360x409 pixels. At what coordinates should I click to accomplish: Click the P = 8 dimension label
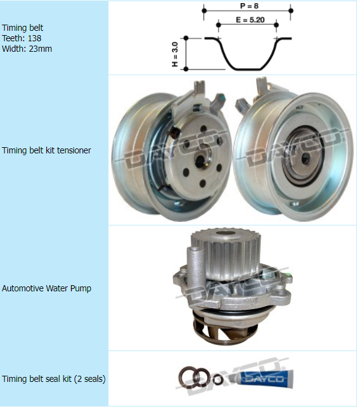click(x=249, y=6)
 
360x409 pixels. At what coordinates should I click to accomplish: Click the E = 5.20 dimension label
click(x=250, y=20)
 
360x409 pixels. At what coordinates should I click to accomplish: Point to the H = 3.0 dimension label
click(x=175, y=54)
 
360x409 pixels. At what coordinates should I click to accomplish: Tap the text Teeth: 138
click(x=22, y=38)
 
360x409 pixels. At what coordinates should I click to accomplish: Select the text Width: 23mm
click(x=27, y=49)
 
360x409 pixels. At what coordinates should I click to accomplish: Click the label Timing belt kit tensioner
click(x=46, y=150)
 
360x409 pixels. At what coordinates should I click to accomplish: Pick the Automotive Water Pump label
click(x=46, y=288)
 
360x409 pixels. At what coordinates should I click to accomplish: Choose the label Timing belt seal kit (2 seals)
click(x=54, y=379)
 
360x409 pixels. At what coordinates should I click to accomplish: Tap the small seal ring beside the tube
click(x=218, y=379)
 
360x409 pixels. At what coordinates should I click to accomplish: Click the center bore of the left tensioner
click(x=200, y=160)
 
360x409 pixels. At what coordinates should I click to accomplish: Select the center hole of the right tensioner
click(x=305, y=158)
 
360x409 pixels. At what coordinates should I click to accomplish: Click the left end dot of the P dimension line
click(x=205, y=10)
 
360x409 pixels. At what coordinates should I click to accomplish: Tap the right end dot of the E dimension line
click(x=276, y=25)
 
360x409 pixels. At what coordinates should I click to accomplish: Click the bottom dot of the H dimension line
click(x=186, y=69)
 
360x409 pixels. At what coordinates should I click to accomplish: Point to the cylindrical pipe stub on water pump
click(x=195, y=264)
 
